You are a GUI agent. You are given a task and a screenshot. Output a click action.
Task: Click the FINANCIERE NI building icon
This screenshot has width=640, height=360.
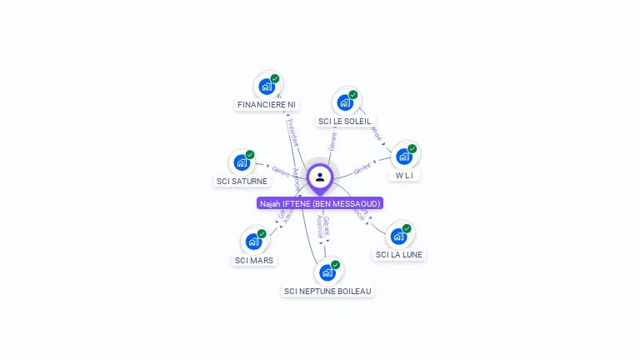tap(267, 86)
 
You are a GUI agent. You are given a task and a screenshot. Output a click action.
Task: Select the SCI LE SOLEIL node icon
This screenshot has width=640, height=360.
tap(344, 102)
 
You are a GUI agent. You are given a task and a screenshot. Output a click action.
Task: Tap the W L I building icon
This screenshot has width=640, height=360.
tap(404, 157)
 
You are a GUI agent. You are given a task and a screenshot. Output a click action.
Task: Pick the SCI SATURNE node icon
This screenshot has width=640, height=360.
tap(242, 162)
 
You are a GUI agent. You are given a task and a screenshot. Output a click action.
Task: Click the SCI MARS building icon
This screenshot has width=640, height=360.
tap(253, 242)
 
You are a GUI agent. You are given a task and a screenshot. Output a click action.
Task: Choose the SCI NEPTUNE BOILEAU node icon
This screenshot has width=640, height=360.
tap(327, 272)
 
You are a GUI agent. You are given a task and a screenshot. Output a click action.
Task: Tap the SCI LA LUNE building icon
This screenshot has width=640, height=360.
tap(398, 236)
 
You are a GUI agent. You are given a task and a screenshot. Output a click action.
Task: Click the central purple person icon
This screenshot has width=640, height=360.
tap(320, 177)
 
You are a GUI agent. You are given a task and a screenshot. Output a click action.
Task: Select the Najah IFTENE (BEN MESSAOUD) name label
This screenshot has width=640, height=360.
tap(320, 203)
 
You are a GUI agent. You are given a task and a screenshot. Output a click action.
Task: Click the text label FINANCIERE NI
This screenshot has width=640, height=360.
tap(267, 105)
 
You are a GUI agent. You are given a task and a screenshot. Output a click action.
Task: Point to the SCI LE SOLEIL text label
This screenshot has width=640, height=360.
tap(344, 122)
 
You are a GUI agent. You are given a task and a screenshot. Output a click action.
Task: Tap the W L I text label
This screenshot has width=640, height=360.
tap(404, 176)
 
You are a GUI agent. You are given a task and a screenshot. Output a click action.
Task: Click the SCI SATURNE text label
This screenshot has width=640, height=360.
tap(242, 181)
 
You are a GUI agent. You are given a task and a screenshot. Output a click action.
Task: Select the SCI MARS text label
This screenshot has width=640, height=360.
tap(254, 260)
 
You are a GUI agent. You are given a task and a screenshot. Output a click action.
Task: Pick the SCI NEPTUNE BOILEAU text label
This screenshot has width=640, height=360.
tap(328, 292)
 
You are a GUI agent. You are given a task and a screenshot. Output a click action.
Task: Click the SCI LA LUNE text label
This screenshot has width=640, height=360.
tap(399, 255)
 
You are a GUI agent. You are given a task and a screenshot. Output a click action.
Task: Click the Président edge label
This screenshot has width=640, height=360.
tap(292, 132)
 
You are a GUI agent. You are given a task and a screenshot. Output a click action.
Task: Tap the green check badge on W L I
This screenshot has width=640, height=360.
tap(412, 149)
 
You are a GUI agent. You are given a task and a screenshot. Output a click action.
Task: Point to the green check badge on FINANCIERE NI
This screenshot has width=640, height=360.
tap(275, 78)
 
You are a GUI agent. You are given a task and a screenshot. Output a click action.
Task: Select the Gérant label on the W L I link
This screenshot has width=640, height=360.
tap(362, 169)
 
